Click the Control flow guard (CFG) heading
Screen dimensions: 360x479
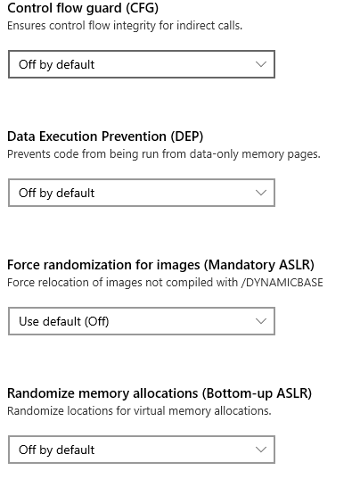[x=83, y=9]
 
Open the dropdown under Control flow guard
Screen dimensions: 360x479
[x=142, y=64]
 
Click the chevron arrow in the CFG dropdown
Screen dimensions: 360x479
[x=261, y=64]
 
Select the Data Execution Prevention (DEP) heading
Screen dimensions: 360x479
[x=105, y=136]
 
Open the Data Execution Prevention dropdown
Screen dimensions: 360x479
[x=142, y=193]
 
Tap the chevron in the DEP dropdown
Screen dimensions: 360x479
[x=261, y=193]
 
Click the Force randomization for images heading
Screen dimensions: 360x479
[x=160, y=265]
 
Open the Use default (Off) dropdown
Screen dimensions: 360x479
[x=142, y=321]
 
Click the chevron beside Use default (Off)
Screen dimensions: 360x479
[x=261, y=321]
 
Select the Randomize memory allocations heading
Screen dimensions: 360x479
[x=160, y=393]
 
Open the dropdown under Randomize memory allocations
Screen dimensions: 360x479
[x=142, y=450]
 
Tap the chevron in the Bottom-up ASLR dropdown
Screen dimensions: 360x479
[x=261, y=450]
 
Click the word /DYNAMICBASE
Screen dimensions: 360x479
[x=282, y=283]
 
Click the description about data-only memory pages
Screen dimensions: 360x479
[x=164, y=154]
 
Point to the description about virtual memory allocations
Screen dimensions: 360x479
[x=139, y=411]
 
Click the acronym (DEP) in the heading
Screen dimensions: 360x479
[x=187, y=136]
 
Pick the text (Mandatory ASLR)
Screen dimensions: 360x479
[x=258, y=265]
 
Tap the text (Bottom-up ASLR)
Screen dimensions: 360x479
[x=257, y=393]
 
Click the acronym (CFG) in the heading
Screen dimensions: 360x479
[x=142, y=9]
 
